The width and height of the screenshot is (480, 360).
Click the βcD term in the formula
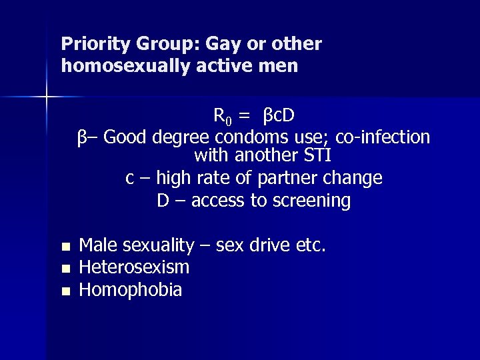(279, 116)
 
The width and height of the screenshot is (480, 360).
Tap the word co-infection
(383, 137)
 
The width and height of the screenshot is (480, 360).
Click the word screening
(313, 201)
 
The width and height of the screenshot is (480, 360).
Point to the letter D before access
(163, 201)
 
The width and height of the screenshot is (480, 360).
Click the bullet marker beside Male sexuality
(65, 247)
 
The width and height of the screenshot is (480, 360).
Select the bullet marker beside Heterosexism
(65, 269)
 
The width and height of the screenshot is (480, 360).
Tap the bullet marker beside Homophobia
(65, 291)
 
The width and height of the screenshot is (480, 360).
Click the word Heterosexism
(134, 268)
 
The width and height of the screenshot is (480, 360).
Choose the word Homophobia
(131, 290)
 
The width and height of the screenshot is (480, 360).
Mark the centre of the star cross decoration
(47, 97)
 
